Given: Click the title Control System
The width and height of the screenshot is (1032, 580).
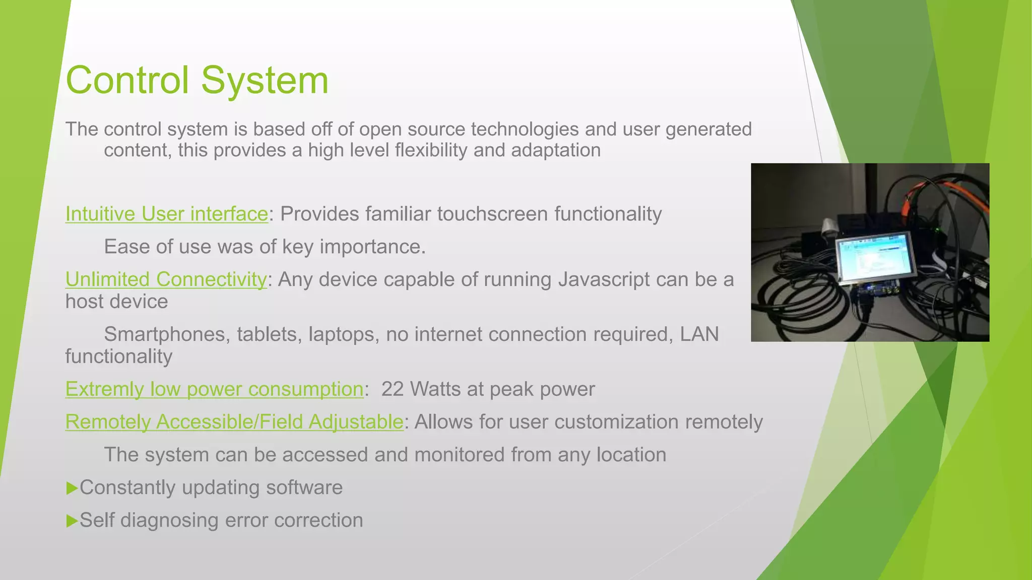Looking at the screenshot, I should click(x=197, y=81).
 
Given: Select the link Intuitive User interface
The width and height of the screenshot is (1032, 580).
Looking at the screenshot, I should click(x=166, y=214).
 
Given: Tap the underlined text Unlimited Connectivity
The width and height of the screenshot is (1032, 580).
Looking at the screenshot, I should click(x=166, y=279).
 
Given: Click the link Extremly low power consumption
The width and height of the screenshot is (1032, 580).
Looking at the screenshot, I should click(x=214, y=389).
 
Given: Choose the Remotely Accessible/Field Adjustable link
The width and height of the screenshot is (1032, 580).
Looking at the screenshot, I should click(x=234, y=422).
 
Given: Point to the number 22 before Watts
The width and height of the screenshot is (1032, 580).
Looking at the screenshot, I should click(x=392, y=389).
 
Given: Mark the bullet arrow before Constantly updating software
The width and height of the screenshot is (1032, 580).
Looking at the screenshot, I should click(x=72, y=488).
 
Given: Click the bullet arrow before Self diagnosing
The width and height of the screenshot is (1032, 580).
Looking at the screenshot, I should click(x=72, y=521).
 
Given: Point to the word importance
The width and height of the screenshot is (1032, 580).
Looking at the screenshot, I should click(x=372, y=247).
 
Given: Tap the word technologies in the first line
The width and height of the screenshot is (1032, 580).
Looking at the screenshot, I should click(x=525, y=129).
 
